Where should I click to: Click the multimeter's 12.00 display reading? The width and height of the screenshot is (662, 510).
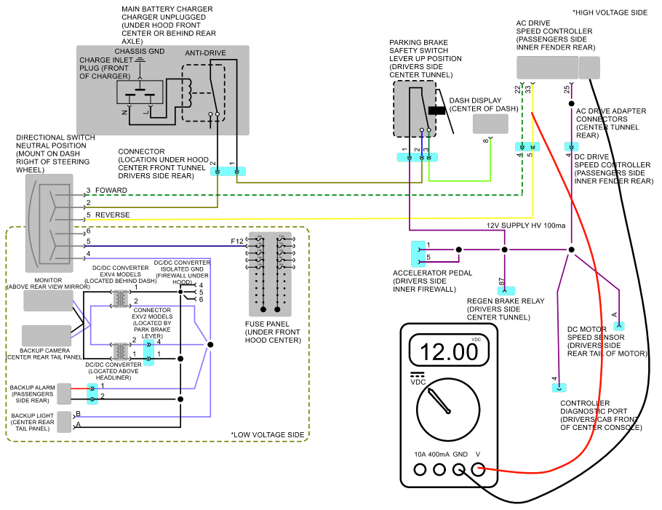pyautogui.click(x=449, y=351)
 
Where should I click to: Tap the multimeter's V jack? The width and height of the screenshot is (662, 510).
pyautogui.click(x=478, y=469)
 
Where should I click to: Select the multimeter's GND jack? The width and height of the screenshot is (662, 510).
pyautogui.click(x=459, y=469)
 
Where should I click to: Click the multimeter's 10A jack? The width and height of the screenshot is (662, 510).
pyautogui.click(x=420, y=469)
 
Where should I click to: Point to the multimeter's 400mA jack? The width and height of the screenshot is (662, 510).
pyautogui.click(x=439, y=469)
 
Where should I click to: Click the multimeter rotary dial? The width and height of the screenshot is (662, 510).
pyautogui.click(x=448, y=410)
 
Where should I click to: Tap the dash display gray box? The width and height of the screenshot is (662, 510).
pyautogui.click(x=490, y=124)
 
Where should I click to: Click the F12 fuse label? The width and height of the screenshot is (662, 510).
pyautogui.click(x=237, y=241)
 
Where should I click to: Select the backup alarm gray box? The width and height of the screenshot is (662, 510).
pyautogui.click(x=64, y=394)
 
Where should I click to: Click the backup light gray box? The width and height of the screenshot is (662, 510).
pyautogui.click(x=64, y=422)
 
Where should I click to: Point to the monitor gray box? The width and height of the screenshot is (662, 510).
pyautogui.click(x=48, y=300)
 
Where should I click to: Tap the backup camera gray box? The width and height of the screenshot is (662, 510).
pyautogui.click(x=47, y=335)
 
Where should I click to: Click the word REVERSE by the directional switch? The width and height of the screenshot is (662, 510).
pyautogui.click(x=112, y=215)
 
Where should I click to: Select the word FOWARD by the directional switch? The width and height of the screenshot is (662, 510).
pyautogui.click(x=111, y=191)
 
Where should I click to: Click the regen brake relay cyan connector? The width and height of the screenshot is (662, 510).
pyautogui.click(x=506, y=290)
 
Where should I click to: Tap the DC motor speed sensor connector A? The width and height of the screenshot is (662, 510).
pyautogui.click(x=619, y=326)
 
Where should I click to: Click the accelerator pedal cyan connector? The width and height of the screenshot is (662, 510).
pyautogui.click(x=418, y=254)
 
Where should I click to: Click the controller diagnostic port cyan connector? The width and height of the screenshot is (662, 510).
pyautogui.click(x=559, y=387)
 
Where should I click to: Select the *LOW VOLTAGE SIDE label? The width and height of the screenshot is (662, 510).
pyautogui.click(x=267, y=434)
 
